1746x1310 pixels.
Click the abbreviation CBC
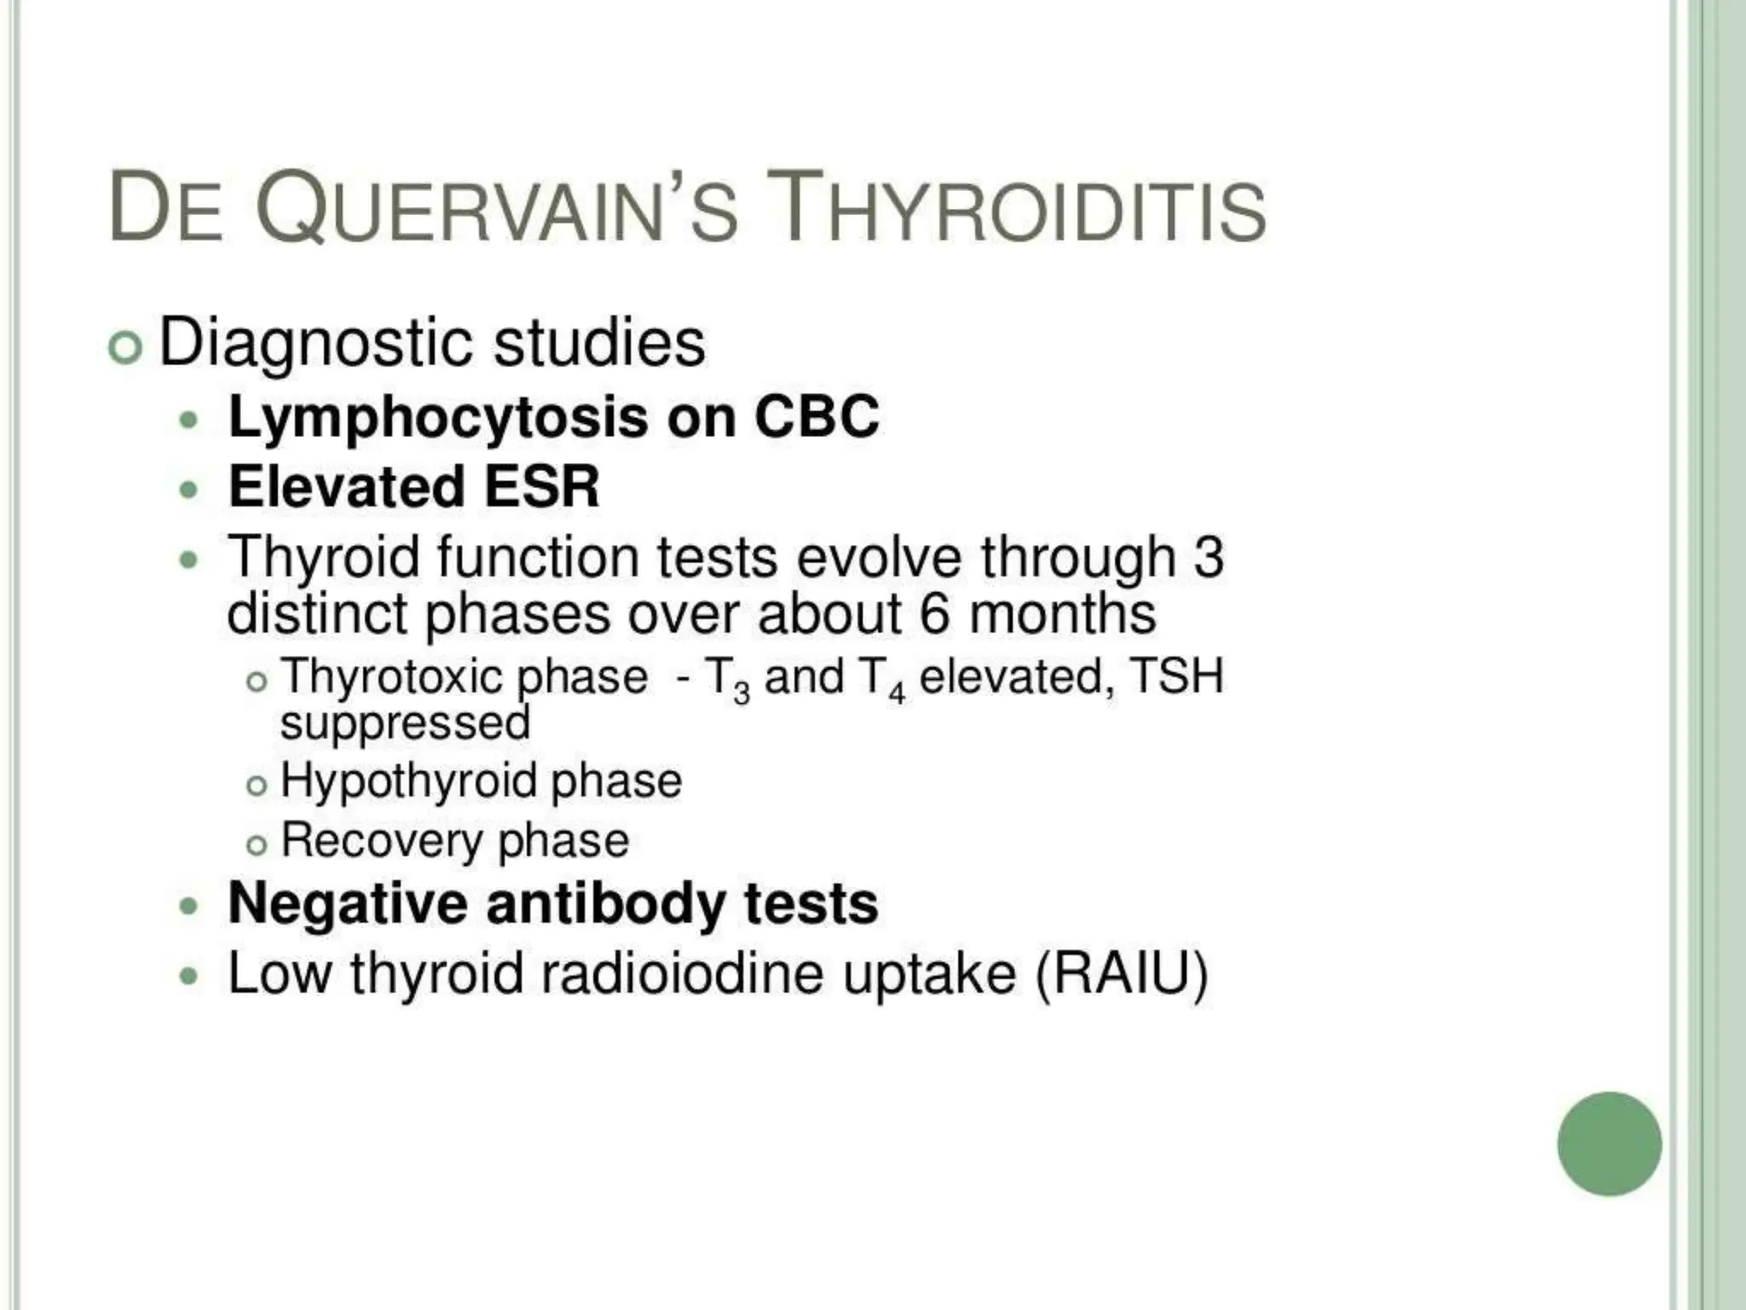pyautogui.click(x=816, y=417)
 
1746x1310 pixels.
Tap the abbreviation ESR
pyautogui.click(x=541, y=487)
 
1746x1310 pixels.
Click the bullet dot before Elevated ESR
pyautogui.click(x=189, y=490)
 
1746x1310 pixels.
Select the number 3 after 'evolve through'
pyautogui.click(x=1208, y=557)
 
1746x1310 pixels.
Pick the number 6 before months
pyautogui.click(x=934, y=613)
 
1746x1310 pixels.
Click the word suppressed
pyautogui.click(x=405, y=723)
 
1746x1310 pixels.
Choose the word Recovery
pyautogui.click(x=381, y=840)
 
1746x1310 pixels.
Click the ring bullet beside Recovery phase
pyautogui.click(x=257, y=844)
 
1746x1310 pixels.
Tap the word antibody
pyautogui.click(x=604, y=904)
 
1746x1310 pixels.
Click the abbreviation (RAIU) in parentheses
pyautogui.click(x=1121, y=973)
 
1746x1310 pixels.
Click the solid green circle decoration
pyautogui.click(x=1609, y=1144)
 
